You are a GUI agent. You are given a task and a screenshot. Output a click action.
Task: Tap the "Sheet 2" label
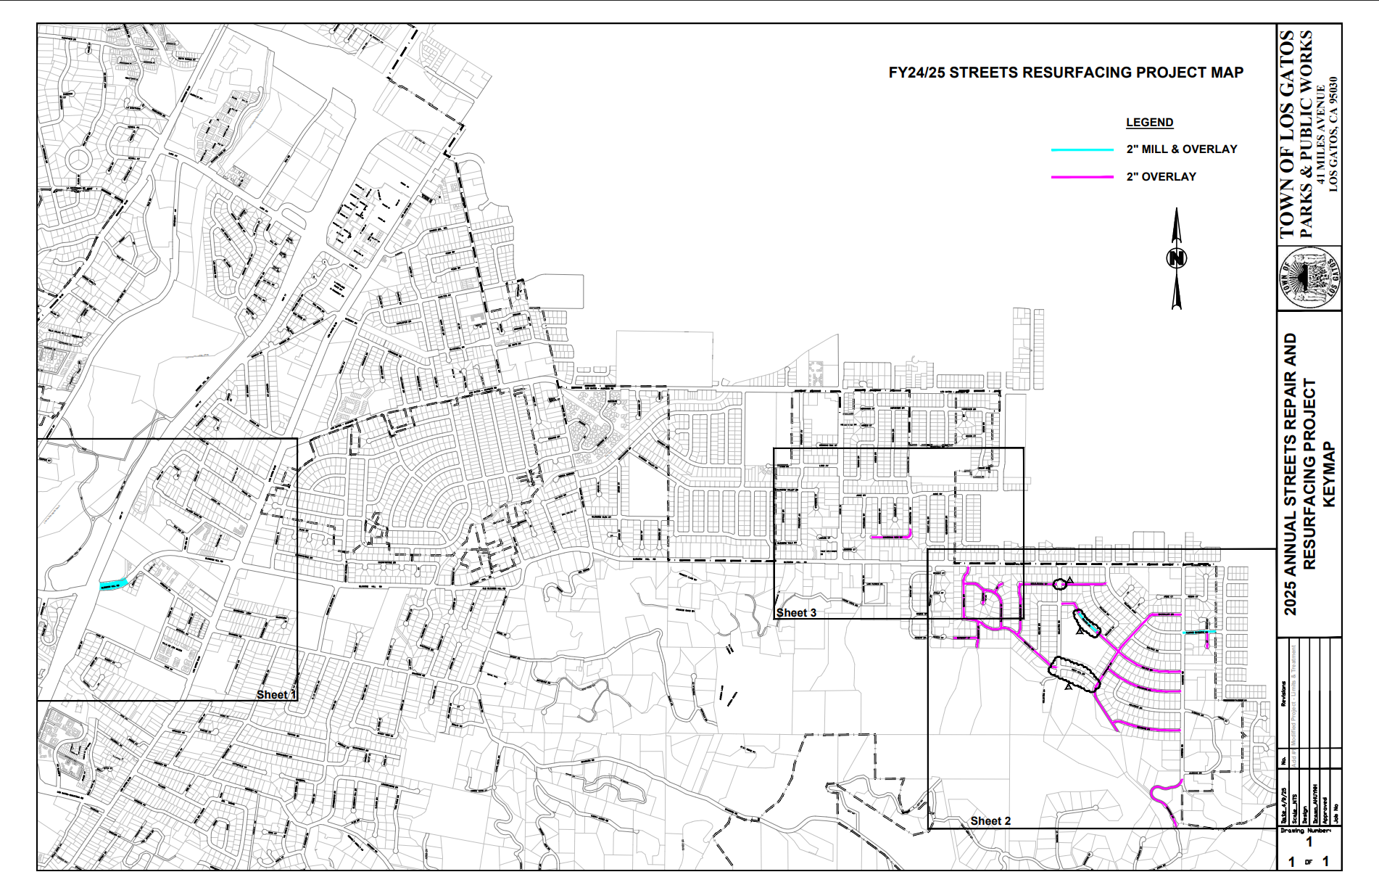(x=990, y=820)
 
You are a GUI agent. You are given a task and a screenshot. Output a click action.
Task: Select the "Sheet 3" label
(x=796, y=613)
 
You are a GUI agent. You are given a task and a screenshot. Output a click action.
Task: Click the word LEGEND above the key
(x=1149, y=123)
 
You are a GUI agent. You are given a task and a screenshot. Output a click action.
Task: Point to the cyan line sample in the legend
(x=1082, y=149)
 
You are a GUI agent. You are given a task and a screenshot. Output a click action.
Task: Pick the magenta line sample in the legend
(x=1082, y=177)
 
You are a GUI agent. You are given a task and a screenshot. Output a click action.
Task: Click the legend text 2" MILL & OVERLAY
(x=1181, y=149)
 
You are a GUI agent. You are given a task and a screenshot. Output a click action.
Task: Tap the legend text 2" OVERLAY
(x=1161, y=177)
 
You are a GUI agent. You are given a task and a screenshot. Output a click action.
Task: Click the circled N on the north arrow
(x=1177, y=258)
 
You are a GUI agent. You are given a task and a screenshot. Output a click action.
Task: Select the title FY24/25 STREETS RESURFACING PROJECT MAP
(x=1066, y=73)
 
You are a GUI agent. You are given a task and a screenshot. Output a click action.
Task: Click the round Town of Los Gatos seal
(x=1309, y=279)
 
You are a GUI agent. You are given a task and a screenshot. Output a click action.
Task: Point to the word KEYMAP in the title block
(x=1328, y=474)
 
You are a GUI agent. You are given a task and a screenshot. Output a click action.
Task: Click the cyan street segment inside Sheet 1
(x=114, y=583)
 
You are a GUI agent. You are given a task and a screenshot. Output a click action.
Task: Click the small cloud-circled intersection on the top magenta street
(x=1060, y=583)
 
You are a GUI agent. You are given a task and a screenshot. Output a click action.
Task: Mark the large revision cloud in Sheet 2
(x=1074, y=674)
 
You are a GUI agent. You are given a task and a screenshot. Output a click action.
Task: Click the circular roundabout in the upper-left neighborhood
(x=78, y=159)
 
